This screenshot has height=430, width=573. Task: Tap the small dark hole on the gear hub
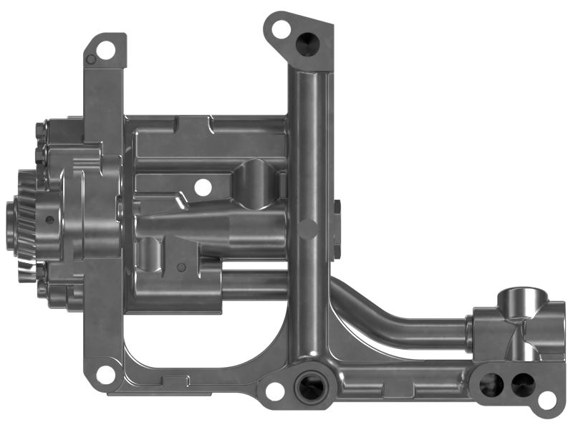(x=49, y=220)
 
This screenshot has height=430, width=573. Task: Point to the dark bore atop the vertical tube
(x=309, y=44)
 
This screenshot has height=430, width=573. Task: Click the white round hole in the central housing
(x=203, y=188)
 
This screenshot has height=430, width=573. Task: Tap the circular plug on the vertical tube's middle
(x=308, y=229)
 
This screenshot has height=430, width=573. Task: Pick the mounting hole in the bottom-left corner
(x=105, y=373)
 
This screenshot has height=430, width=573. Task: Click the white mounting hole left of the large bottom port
(x=274, y=391)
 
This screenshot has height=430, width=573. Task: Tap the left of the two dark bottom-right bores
(x=491, y=386)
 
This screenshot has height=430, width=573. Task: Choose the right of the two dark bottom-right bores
(x=521, y=386)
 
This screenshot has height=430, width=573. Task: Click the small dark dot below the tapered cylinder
(x=181, y=267)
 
